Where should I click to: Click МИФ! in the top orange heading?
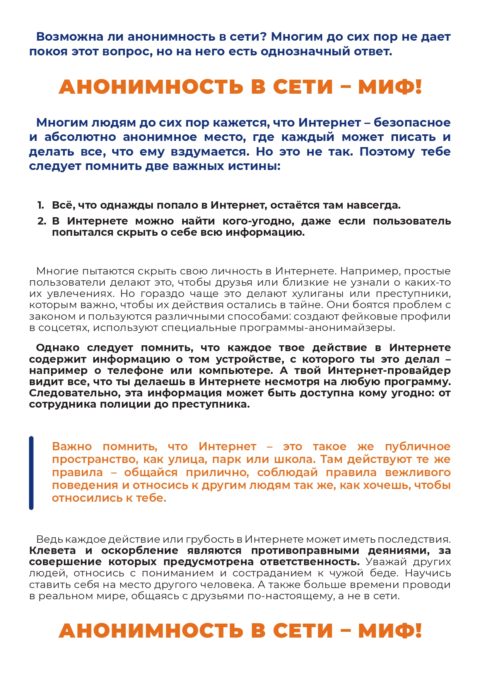tap(390, 87)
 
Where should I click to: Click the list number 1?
tap(41, 205)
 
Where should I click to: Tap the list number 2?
tap(41, 221)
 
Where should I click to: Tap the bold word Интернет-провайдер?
tap(389, 370)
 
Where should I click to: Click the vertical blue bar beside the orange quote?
tap(31, 473)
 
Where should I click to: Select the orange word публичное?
tap(418, 446)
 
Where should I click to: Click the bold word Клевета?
tap(53, 550)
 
